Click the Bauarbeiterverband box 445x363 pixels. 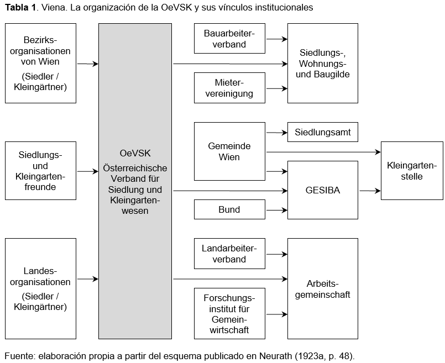[x=229, y=39]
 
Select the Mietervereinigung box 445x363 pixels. [x=229, y=88]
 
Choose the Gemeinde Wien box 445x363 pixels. [x=229, y=151]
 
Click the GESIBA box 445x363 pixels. [x=323, y=190]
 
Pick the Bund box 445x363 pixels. [x=229, y=209]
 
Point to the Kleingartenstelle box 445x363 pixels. [x=412, y=171]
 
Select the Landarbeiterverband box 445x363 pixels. [x=229, y=254]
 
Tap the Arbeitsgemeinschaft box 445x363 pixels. [x=323, y=288]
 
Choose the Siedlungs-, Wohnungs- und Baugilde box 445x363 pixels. [x=323, y=63]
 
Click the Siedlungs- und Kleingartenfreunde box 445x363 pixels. [x=40, y=171]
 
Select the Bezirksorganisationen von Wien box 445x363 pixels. [x=40, y=63]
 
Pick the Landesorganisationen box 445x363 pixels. [x=40, y=288]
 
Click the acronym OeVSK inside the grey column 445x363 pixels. [x=135, y=153]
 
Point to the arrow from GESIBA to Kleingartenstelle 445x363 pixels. [x=369, y=191]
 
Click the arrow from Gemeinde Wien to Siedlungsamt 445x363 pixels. [x=276, y=133]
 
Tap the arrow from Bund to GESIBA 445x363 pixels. [x=276, y=210]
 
